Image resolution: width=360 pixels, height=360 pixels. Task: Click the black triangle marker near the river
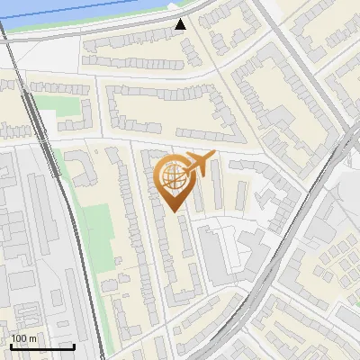tap(181, 24)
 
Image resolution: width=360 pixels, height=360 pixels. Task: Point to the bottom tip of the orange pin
tap(175, 211)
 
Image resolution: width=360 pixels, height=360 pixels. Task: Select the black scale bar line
tap(41, 346)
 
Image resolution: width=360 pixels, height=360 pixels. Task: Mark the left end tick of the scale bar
tap(10, 345)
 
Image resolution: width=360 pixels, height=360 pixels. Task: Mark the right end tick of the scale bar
tap(74, 345)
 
